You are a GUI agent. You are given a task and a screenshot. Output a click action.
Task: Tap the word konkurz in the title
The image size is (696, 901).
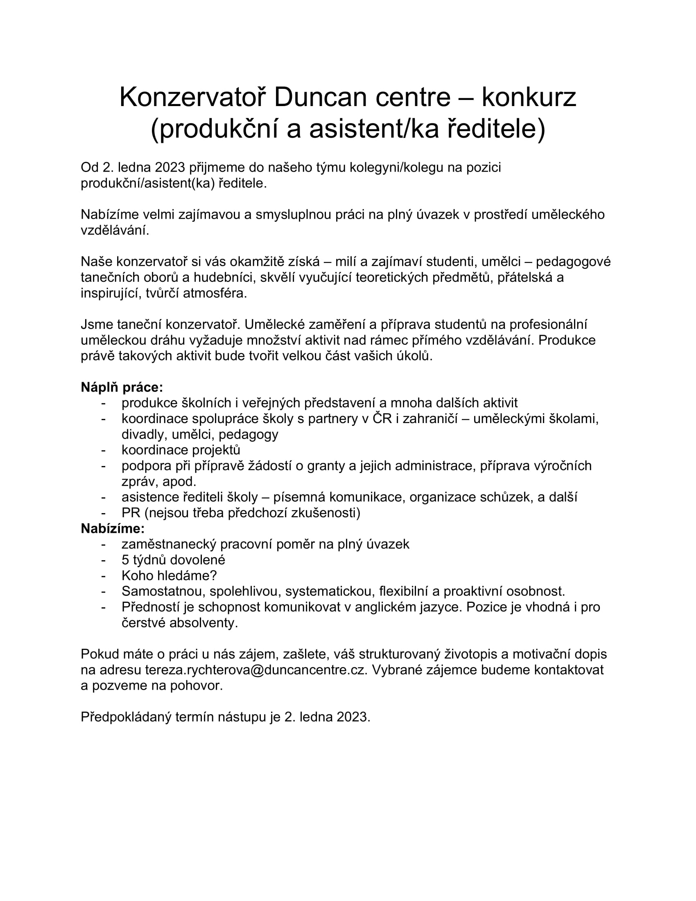529,97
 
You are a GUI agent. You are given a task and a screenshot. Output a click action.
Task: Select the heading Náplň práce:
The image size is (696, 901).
122,387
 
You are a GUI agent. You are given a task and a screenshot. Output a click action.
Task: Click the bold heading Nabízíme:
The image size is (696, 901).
113,528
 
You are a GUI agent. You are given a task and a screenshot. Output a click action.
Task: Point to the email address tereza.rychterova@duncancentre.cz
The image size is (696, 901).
255,670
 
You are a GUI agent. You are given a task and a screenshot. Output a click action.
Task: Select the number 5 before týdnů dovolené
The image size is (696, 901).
125,560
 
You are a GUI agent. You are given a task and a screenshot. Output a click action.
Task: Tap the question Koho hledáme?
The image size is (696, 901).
169,575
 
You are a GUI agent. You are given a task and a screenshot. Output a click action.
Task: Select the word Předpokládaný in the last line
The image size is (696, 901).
126,717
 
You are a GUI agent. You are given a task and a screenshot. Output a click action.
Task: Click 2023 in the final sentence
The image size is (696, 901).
353,717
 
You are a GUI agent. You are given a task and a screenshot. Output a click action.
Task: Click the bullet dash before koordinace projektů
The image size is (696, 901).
104,450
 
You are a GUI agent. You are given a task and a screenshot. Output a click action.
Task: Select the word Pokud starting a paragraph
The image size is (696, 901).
99,654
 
